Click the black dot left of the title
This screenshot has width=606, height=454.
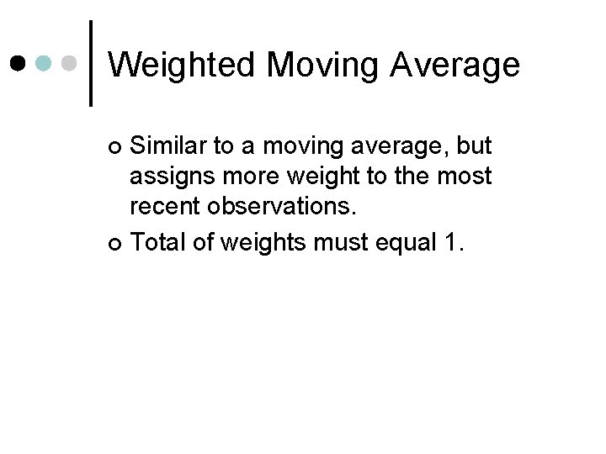click(x=19, y=62)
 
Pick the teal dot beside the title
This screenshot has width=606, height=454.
click(x=45, y=62)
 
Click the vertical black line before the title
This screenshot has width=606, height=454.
click(x=91, y=63)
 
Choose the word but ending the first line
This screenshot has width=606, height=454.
click(x=473, y=147)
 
